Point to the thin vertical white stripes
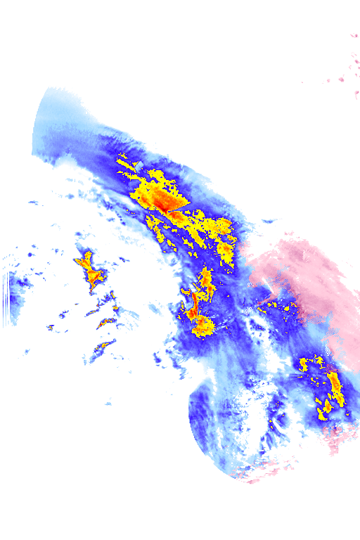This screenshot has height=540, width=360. click(6, 299)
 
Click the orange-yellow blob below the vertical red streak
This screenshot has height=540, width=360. click(202, 326)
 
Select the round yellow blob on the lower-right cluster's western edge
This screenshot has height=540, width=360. click(304, 364)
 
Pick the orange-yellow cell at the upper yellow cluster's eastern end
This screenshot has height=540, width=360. click(226, 250)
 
